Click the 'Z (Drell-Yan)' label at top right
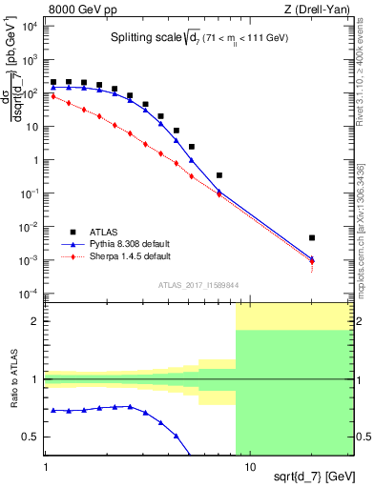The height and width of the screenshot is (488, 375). pos(319,9)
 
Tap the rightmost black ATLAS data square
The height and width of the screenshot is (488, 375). pos(312,237)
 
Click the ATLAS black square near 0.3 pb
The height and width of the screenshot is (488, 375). pos(219,175)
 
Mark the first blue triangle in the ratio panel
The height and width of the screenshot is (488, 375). pos(53,410)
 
